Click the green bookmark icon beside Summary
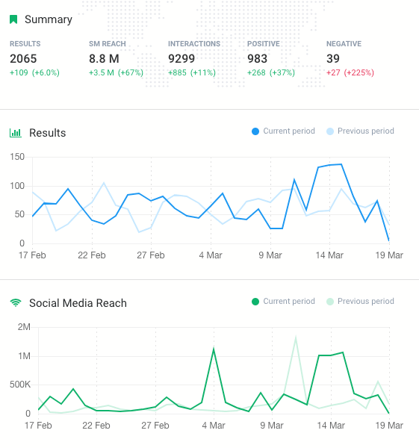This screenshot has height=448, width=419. tap(13, 19)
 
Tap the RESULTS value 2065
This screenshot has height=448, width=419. tap(23, 58)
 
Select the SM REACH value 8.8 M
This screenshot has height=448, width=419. tap(104, 58)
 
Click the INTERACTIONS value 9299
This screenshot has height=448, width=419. tap(182, 58)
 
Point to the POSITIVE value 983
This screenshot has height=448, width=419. tap(258, 58)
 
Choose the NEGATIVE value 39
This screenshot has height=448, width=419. tap(333, 58)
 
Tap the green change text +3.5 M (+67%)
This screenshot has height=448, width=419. tap(116, 72)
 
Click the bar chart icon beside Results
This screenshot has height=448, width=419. tap(15, 133)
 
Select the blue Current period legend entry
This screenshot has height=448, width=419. tap(283, 131)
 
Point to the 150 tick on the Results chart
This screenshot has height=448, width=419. tap(17, 158)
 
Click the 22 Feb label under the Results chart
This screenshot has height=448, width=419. tap(92, 255)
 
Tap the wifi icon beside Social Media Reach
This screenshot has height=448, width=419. tap(15, 303)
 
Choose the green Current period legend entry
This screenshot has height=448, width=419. tap(283, 302)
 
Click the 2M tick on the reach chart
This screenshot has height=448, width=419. tap(23, 328)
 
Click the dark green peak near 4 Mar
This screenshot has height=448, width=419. tap(214, 349)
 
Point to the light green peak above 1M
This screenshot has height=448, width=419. tap(296, 337)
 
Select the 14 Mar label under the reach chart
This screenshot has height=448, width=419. tap(331, 426)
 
